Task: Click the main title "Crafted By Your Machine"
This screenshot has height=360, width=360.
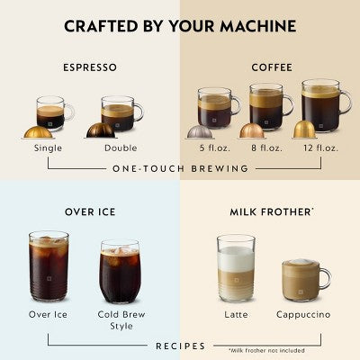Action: tap(180, 25)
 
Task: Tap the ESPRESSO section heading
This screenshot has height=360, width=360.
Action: tap(90, 67)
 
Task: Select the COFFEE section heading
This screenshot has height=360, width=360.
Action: tap(270, 67)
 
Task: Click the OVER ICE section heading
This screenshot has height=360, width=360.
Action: tap(90, 212)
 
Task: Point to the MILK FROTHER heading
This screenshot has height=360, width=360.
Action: tap(270, 212)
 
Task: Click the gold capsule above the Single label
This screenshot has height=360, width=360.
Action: tap(37, 131)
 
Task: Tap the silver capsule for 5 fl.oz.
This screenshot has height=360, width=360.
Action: tap(199, 131)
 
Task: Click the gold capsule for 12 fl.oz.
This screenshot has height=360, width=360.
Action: tap(304, 130)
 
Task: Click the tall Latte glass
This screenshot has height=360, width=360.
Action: tap(236, 268)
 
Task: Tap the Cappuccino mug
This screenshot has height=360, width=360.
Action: tap(304, 279)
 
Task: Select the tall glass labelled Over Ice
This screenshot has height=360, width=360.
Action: tap(49, 265)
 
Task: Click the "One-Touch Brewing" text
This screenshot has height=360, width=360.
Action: tap(180, 168)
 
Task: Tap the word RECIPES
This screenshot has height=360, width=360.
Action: tap(180, 346)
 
